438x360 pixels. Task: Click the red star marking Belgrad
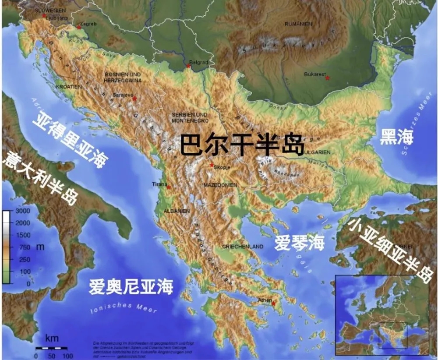click(188, 66)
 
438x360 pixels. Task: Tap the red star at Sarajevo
click(135, 98)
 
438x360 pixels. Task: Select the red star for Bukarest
click(327, 78)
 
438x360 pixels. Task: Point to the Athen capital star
click(273, 304)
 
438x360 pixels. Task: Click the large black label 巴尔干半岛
click(242, 144)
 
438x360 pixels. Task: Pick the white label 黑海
click(396, 137)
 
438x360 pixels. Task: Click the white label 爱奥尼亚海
click(131, 287)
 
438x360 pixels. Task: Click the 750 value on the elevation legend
click(25, 247)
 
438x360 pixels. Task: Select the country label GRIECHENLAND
click(243, 247)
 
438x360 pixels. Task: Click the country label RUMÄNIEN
click(297, 24)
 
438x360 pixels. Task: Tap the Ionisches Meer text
click(124, 307)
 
